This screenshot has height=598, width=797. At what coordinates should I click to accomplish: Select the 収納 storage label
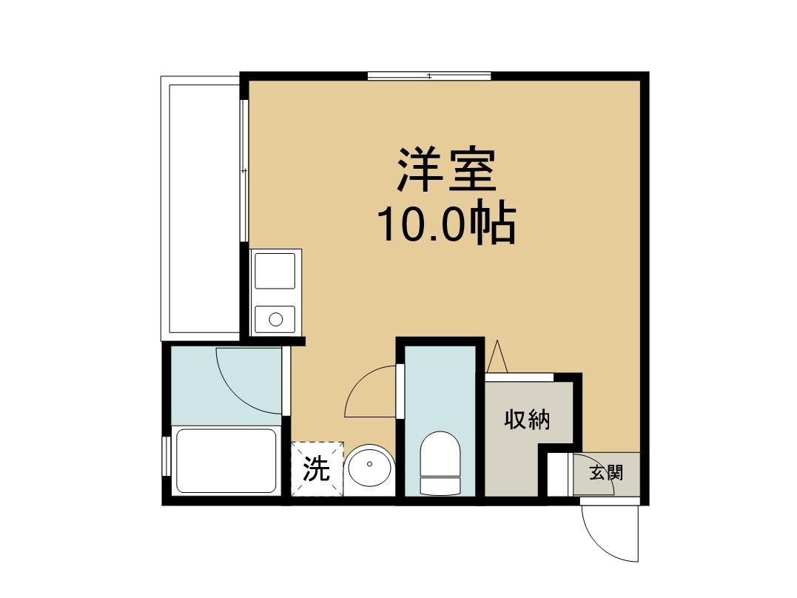coord(528,420)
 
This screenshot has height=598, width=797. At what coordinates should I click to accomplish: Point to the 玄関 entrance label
coord(605,472)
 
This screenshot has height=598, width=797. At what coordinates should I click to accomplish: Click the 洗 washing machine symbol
coord(317,469)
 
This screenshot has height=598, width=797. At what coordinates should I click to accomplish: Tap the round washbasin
coord(369,470)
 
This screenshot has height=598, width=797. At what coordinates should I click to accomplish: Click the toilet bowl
coord(440,453)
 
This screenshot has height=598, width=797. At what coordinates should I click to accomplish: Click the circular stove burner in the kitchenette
coord(275,320)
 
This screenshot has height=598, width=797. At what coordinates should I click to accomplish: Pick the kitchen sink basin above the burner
coord(275,270)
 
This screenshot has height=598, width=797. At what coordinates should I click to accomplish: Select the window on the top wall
coord(429,75)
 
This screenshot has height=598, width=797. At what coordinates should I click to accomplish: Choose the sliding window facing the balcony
coord(243,170)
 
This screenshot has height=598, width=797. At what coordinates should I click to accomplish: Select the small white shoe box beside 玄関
coord(559,474)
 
